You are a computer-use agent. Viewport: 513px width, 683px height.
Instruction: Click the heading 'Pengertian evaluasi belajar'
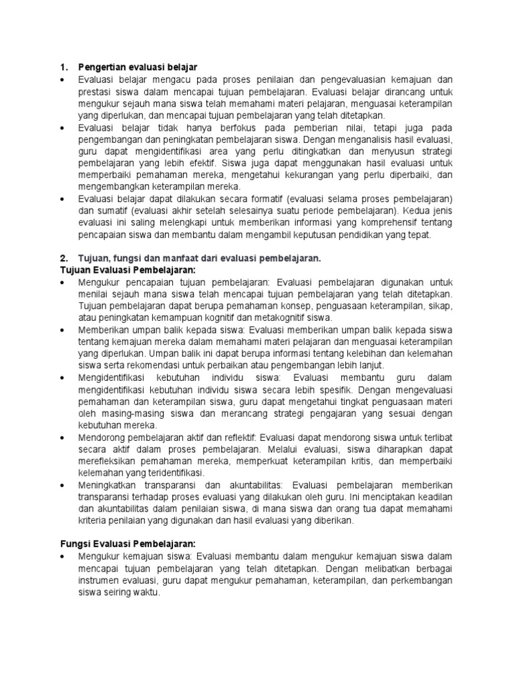[138, 67]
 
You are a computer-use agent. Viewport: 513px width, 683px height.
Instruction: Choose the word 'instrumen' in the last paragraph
[99, 580]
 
